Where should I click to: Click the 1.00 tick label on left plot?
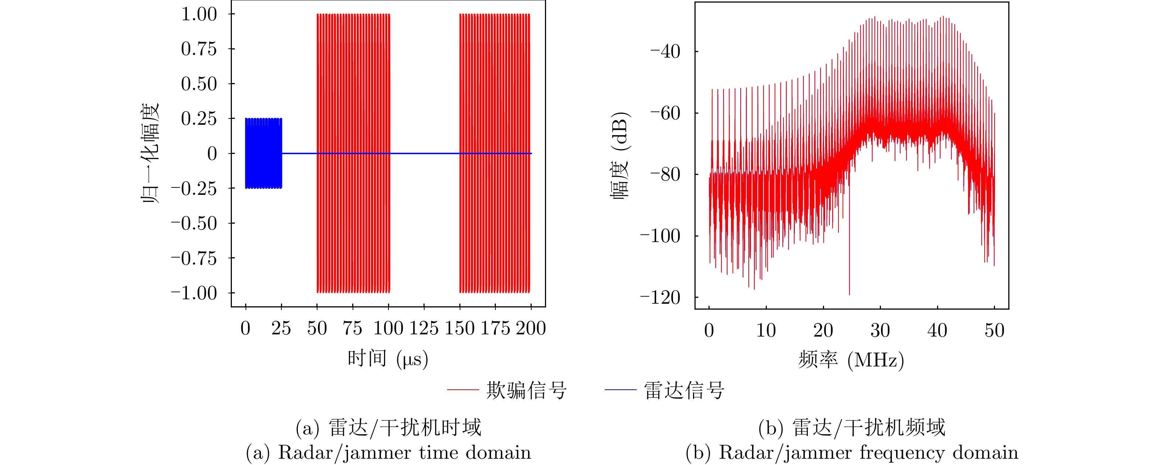(x=199, y=14)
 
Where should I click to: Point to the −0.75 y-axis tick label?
(x=194, y=259)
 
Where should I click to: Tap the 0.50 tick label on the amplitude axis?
(x=199, y=84)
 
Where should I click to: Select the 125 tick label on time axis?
(x=423, y=328)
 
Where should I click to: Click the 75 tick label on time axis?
(x=352, y=328)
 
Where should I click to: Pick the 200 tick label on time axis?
(x=531, y=328)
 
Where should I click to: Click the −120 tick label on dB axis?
(x=660, y=298)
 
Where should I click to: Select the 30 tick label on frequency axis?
(x=880, y=330)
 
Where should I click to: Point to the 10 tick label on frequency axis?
(x=766, y=330)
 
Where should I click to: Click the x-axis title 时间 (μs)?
(x=388, y=359)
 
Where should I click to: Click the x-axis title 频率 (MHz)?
(x=851, y=360)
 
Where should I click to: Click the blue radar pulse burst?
(x=264, y=154)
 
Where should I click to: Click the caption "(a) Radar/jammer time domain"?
(x=388, y=453)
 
